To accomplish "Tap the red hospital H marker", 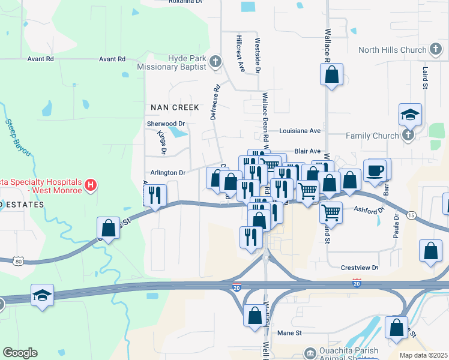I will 90,185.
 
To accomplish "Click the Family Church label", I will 376,136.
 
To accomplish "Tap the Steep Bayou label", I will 17,137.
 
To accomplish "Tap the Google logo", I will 20,353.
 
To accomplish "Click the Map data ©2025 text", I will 423,355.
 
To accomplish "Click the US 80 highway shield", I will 19,261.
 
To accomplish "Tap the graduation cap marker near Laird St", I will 411,115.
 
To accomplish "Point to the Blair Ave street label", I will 307,152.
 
